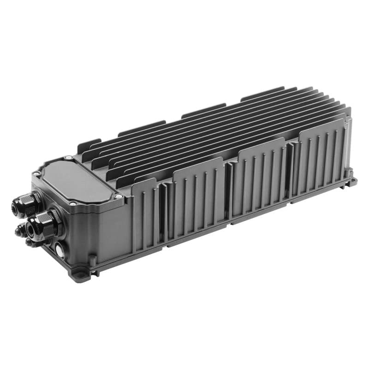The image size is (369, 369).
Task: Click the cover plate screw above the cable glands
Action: tap(36, 173)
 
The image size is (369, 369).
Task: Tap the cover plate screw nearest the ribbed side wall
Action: tap(119, 196)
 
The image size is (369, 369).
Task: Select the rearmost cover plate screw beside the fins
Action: tap(69, 158)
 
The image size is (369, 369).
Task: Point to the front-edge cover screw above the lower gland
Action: tap(73, 203)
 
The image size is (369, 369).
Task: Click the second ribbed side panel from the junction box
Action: tap(198, 194)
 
